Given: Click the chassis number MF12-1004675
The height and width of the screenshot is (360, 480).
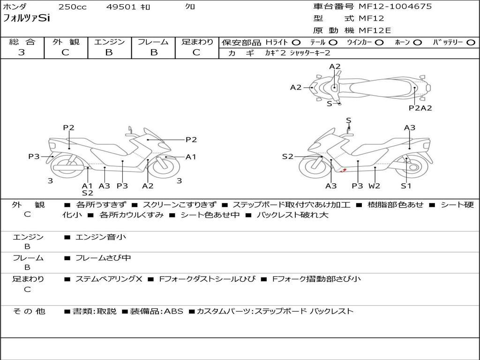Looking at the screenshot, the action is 395,6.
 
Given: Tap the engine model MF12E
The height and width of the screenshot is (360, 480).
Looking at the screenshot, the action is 375,30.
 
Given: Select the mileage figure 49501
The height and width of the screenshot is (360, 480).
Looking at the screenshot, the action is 121,7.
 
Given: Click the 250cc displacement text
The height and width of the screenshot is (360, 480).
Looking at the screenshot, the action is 73,7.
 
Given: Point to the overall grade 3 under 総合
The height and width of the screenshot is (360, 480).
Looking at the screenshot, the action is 22,52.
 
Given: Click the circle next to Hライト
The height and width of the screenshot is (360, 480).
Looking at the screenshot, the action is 296,43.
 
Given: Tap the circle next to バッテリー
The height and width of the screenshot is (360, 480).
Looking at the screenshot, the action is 471,43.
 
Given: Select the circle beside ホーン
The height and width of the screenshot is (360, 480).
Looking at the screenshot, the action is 418,43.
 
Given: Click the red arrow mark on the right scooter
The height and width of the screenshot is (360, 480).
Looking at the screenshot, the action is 344,170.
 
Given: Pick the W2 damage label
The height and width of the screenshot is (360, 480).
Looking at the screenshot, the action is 374,186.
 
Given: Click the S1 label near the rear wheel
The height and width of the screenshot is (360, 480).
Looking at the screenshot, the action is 406,186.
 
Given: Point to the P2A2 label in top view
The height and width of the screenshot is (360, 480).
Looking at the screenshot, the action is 420,108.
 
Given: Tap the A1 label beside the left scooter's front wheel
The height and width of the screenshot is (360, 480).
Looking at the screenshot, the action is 191,157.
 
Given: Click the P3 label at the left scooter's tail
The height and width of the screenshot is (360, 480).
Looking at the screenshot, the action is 34,157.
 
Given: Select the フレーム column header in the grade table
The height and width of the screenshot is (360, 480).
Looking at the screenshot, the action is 153,42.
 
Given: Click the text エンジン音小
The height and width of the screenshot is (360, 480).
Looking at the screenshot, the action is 101,237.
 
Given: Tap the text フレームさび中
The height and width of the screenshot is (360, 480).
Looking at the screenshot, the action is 103,258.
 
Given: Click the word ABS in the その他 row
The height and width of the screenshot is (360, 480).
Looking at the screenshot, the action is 174,311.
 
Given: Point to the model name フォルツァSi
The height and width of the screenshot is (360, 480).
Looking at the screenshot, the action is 26,18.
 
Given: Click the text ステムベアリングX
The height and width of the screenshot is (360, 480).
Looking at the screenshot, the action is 109,279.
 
